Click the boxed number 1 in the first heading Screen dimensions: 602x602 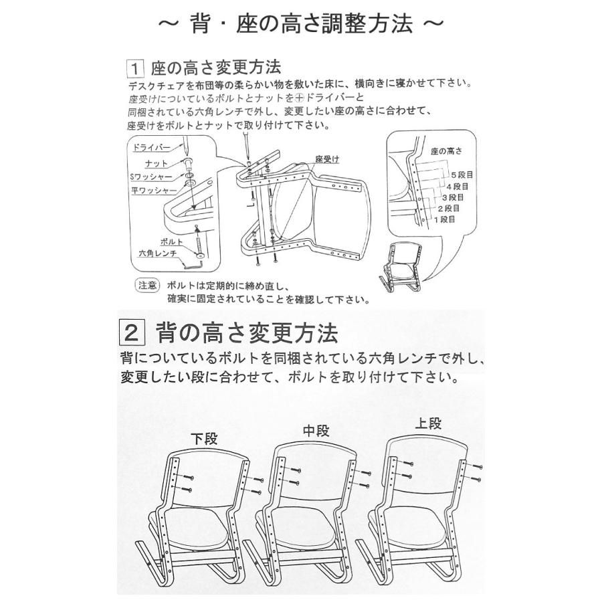click(x=136, y=68)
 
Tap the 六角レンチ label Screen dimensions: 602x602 click(x=157, y=254)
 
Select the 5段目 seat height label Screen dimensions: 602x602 click(x=463, y=173)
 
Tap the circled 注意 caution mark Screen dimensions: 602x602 click(x=147, y=284)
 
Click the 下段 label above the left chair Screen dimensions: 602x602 click(x=205, y=439)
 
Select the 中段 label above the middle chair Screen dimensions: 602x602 click(x=316, y=430)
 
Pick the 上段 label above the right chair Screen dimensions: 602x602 click(x=428, y=423)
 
